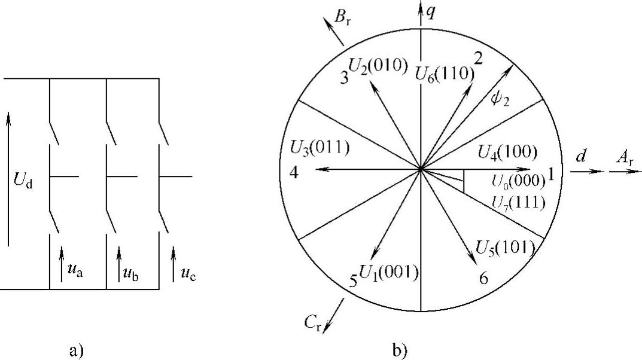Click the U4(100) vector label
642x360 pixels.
[507, 152]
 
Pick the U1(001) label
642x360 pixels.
[388, 271]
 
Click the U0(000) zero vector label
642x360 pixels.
[518, 179]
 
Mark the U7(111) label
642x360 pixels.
[518, 203]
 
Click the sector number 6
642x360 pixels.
[483, 277]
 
